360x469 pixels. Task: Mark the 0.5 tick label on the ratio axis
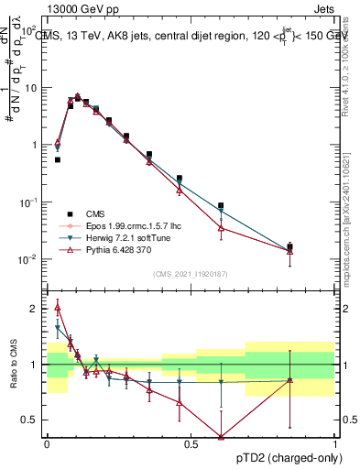pyautogui.click(x=30, y=420)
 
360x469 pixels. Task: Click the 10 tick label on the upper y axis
pyautogui.click(x=30, y=88)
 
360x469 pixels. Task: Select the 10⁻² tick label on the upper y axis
pyautogui.click(x=27, y=259)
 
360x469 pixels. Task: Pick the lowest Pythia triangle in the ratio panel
pyautogui.click(x=221, y=437)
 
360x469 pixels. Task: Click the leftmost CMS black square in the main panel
pyautogui.click(x=58, y=159)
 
